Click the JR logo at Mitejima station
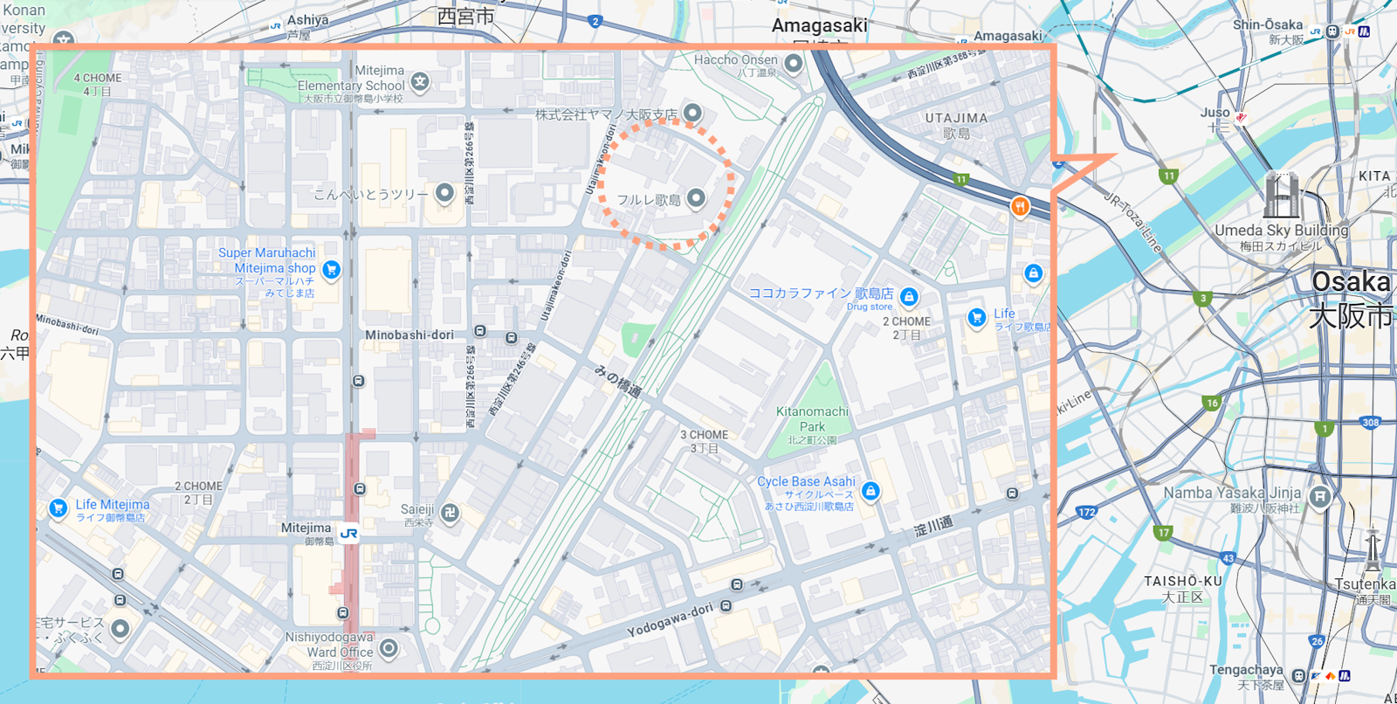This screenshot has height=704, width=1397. (348, 534)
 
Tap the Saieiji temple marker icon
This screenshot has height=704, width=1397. (450, 514)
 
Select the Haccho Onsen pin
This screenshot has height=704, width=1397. (793, 63)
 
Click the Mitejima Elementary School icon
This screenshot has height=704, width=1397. (420, 83)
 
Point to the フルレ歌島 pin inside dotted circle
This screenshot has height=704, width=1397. (696, 198)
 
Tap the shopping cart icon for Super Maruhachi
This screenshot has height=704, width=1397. (331, 270)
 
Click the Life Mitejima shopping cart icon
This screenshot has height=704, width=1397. (58, 507)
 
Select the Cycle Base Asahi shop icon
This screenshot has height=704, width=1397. (871, 492)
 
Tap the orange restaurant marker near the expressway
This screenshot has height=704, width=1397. (1019, 207)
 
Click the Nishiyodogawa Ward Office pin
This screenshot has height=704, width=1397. (389, 648)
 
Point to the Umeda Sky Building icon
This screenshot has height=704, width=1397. (1280, 196)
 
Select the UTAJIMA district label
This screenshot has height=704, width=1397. (956, 118)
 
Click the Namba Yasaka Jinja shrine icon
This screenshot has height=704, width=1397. (1319, 496)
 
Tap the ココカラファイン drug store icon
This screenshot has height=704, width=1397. (909, 297)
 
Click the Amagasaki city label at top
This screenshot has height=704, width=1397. (819, 25)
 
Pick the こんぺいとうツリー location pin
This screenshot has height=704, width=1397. (444, 192)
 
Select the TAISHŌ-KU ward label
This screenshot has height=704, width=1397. (1183, 581)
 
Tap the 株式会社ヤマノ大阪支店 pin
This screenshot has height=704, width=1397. (692, 113)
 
